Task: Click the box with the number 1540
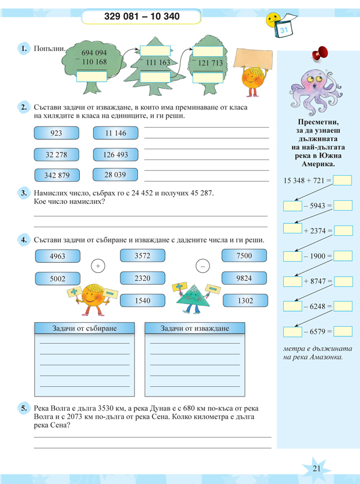tap(142, 300)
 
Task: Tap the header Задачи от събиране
tap(84, 329)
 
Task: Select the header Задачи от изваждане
tap(196, 329)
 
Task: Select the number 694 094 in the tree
tap(92, 53)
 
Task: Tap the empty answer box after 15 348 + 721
tap(342, 180)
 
